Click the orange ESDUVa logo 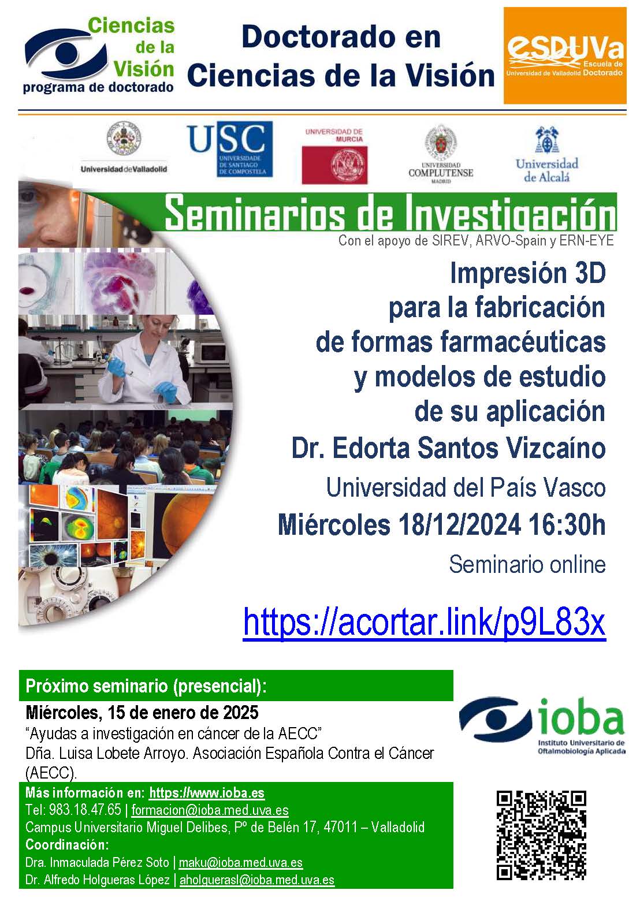pos(564,55)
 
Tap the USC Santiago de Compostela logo pos(229,149)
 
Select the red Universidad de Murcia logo pos(334,156)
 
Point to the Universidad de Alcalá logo pos(546,155)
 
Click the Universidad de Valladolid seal pos(124,138)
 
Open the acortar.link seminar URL pos(424,622)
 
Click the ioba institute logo pos(542,726)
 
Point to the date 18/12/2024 pos(459,525)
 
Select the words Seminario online pos(527,564)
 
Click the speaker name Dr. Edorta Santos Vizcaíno pos(448,449)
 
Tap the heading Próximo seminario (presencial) pos(146,687)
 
